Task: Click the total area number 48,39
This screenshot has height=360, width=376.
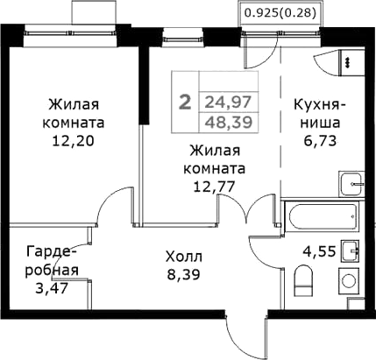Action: click(223, 121)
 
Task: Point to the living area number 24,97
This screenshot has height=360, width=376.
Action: click(223, 101)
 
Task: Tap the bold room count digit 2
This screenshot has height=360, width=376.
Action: click(184, 102)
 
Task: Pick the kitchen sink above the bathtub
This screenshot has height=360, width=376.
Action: click(350, 185)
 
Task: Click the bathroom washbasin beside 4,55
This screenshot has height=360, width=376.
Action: click(351, 251)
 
